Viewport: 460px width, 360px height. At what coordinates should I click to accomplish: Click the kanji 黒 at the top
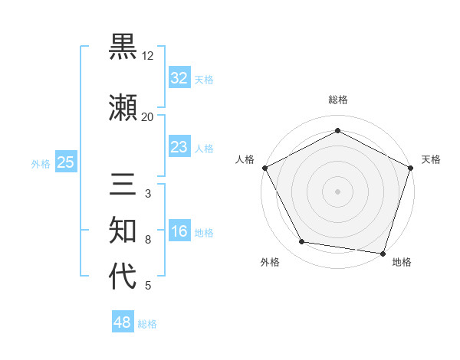tap(123, 47)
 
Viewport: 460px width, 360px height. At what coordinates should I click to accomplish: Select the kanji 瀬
tap(123, 108)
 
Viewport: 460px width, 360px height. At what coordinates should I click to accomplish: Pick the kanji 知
tap(123, 231)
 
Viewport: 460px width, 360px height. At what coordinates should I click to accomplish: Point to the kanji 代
tap(123, 277)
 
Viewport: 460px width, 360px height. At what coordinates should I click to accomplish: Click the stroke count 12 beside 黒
tap(148, 56)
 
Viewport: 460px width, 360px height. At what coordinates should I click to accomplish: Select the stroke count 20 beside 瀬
tap(148, 116)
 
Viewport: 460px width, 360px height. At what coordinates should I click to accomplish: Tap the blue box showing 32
tap(179, 78)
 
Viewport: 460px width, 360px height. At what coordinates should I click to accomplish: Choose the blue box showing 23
tap(179, 147)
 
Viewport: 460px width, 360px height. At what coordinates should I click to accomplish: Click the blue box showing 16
tap(179, 231)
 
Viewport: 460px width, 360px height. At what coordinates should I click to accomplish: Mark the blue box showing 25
tap(65, 162)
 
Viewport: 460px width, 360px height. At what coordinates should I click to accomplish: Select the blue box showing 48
tap(122, 322)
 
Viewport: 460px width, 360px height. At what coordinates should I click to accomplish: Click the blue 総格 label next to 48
tap(147, 324)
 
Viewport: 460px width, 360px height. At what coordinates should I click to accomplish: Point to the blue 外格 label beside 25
tap(41, 163)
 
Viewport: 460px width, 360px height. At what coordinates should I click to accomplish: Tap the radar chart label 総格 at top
tap(337, 100)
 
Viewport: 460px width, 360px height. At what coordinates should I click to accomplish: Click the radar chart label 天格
tap(431, 159)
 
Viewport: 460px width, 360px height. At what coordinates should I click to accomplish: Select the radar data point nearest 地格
tap(383, 253)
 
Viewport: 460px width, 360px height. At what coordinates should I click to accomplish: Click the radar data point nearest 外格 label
tap(302, 242)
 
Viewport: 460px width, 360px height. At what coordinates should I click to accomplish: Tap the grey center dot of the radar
tap(337, 191)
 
